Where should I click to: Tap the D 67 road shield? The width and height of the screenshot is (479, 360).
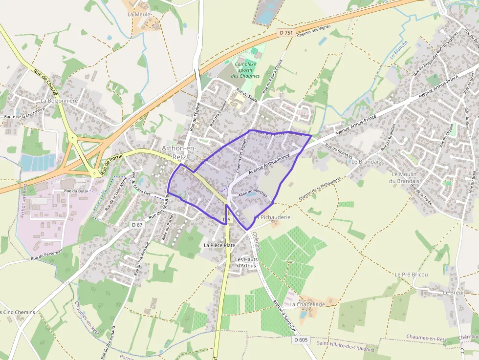point(137,225)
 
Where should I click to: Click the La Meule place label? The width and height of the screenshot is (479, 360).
point(139,15)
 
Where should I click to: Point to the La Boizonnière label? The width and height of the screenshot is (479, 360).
point(59,101)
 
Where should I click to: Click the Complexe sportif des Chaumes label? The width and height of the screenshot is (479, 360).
point(245,70)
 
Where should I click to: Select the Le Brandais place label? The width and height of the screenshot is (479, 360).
point(366,161)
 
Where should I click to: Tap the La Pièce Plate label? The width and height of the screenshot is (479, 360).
point(219,245)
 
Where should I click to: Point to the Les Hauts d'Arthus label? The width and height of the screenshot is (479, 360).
point(245,262)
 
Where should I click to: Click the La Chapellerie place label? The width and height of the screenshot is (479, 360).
point(307,304)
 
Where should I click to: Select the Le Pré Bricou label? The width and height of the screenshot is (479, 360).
point(411,275)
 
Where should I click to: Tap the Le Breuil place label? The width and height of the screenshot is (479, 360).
point(453,292)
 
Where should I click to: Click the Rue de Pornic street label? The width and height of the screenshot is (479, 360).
point(112,163)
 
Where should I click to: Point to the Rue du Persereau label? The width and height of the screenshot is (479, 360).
point(46,254)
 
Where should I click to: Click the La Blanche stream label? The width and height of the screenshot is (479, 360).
point(399,49)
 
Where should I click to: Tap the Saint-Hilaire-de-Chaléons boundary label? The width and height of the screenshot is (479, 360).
point(345,349)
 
